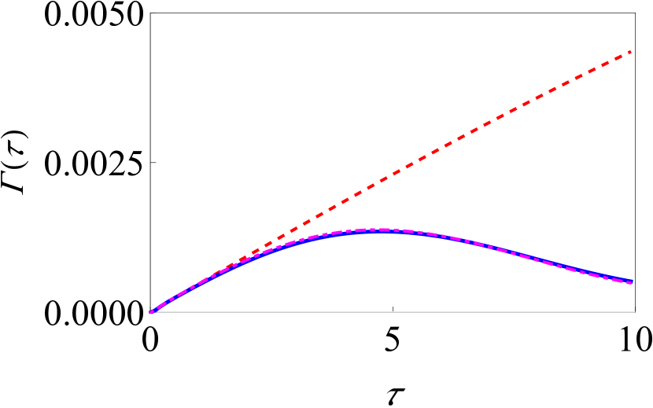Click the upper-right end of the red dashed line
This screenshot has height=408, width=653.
631,52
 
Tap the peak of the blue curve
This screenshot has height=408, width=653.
381,230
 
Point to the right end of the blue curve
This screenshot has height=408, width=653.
633,281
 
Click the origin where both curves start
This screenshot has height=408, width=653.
151,312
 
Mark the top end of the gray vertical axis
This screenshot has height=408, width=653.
150,13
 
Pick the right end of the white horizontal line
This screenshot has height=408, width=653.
634,313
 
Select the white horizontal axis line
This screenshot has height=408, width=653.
472,313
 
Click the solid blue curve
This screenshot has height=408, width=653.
511,252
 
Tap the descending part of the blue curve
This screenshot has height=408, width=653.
535,259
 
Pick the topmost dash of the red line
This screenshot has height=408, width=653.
627,53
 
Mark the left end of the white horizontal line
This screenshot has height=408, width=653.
149,313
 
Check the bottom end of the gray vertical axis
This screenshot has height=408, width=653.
150,311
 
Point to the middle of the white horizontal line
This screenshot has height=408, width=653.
392,313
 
